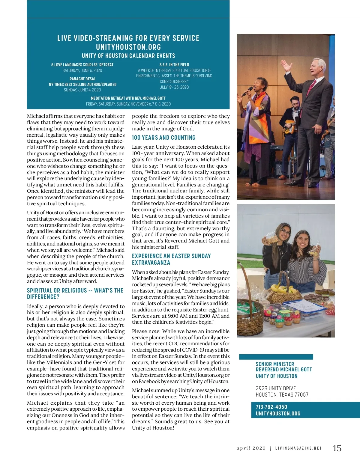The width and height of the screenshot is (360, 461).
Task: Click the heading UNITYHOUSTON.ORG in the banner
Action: pyautogui.click(x=128, y=47)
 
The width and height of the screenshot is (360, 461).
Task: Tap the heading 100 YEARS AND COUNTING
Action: pyautogui.click(x=163, y=138)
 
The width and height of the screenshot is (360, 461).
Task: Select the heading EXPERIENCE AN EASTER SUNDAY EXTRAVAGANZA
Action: pyautogui.click(x=171, y=259)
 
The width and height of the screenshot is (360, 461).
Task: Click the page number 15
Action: pyautogui.click(x=337, y=448)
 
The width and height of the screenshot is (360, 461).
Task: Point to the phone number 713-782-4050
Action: pyautogui.click(x=271, y=407)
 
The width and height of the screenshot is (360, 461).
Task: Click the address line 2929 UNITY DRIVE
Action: pyautogui.click(x=276, y=388)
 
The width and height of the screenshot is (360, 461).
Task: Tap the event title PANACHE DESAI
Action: pyautogui.click(x=82, y=79)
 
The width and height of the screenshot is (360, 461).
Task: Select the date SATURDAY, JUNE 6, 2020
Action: pyautogui.click(x=82, y=70)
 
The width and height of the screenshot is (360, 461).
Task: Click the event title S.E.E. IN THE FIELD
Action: pyautogui.click(x=174, y=65)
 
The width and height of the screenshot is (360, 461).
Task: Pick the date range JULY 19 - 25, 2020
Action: pyautogui.click(x=174, y=87)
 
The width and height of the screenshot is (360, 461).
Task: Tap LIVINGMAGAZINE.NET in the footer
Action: pyautogui.click(x=298, y=448)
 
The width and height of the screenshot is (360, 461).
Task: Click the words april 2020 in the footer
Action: pyautogui.click(x=251, y=448)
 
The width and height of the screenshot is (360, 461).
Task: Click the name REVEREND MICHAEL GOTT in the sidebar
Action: pyautogui.click(x=283, y=370)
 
